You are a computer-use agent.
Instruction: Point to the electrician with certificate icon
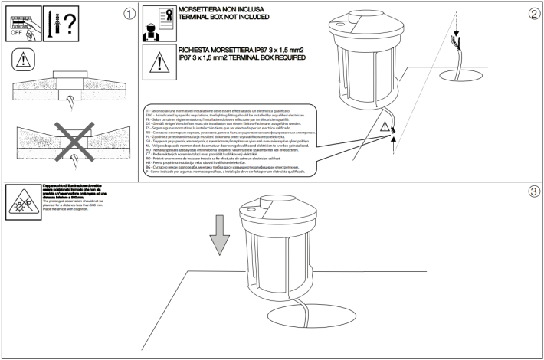point(156,25)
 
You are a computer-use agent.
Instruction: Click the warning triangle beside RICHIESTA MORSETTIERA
point(156,61)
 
